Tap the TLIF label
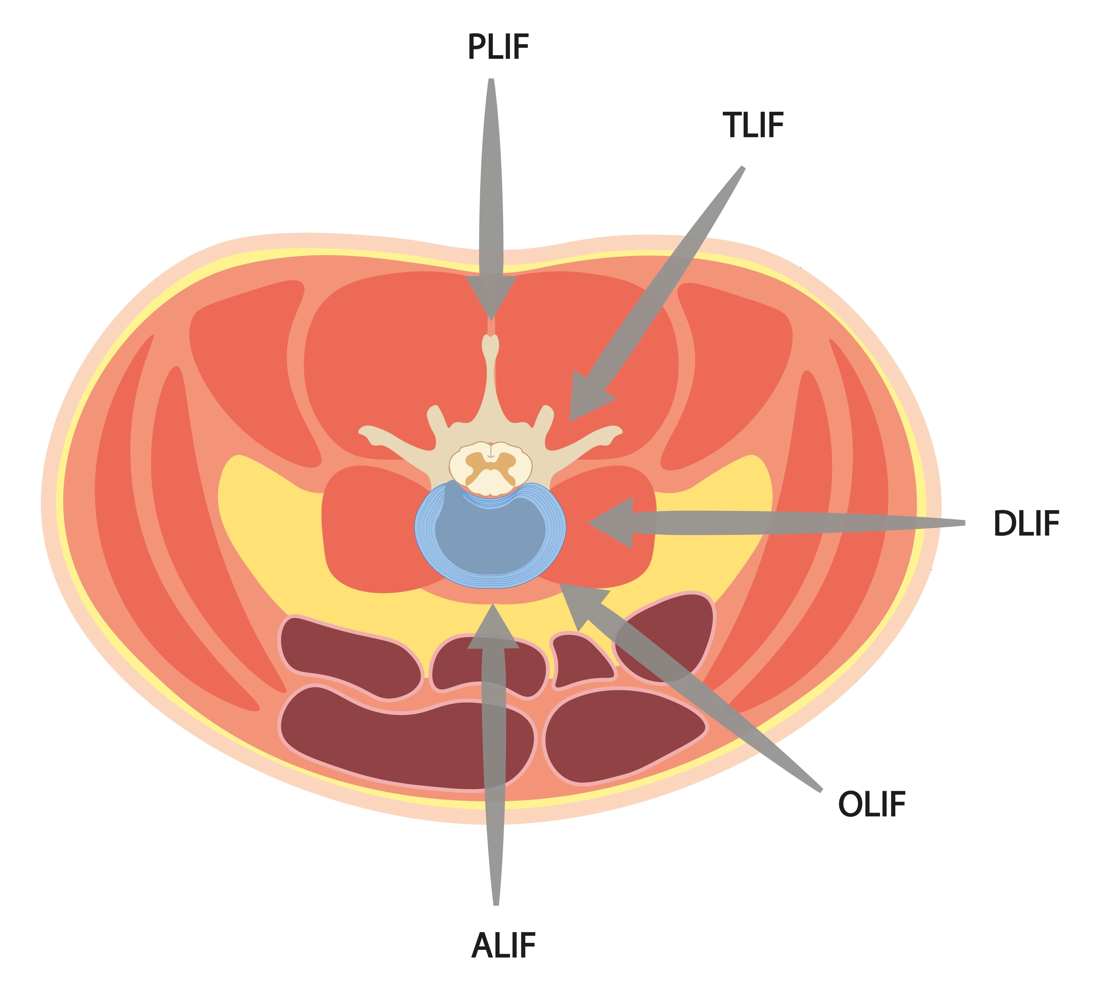point(753,126)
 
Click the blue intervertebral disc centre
point(490,537)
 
